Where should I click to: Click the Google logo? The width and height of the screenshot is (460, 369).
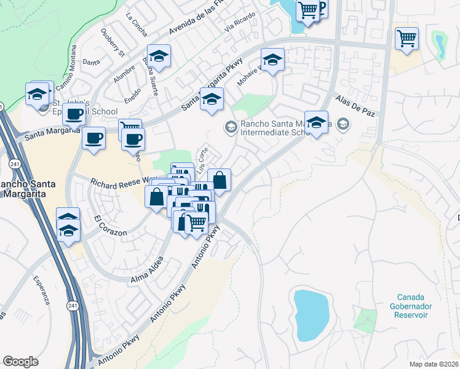[x=20, y=361]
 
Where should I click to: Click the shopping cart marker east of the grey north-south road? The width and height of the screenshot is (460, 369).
[x=407, y=39]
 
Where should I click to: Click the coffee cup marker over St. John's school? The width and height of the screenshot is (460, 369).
[x=75, y=114]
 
